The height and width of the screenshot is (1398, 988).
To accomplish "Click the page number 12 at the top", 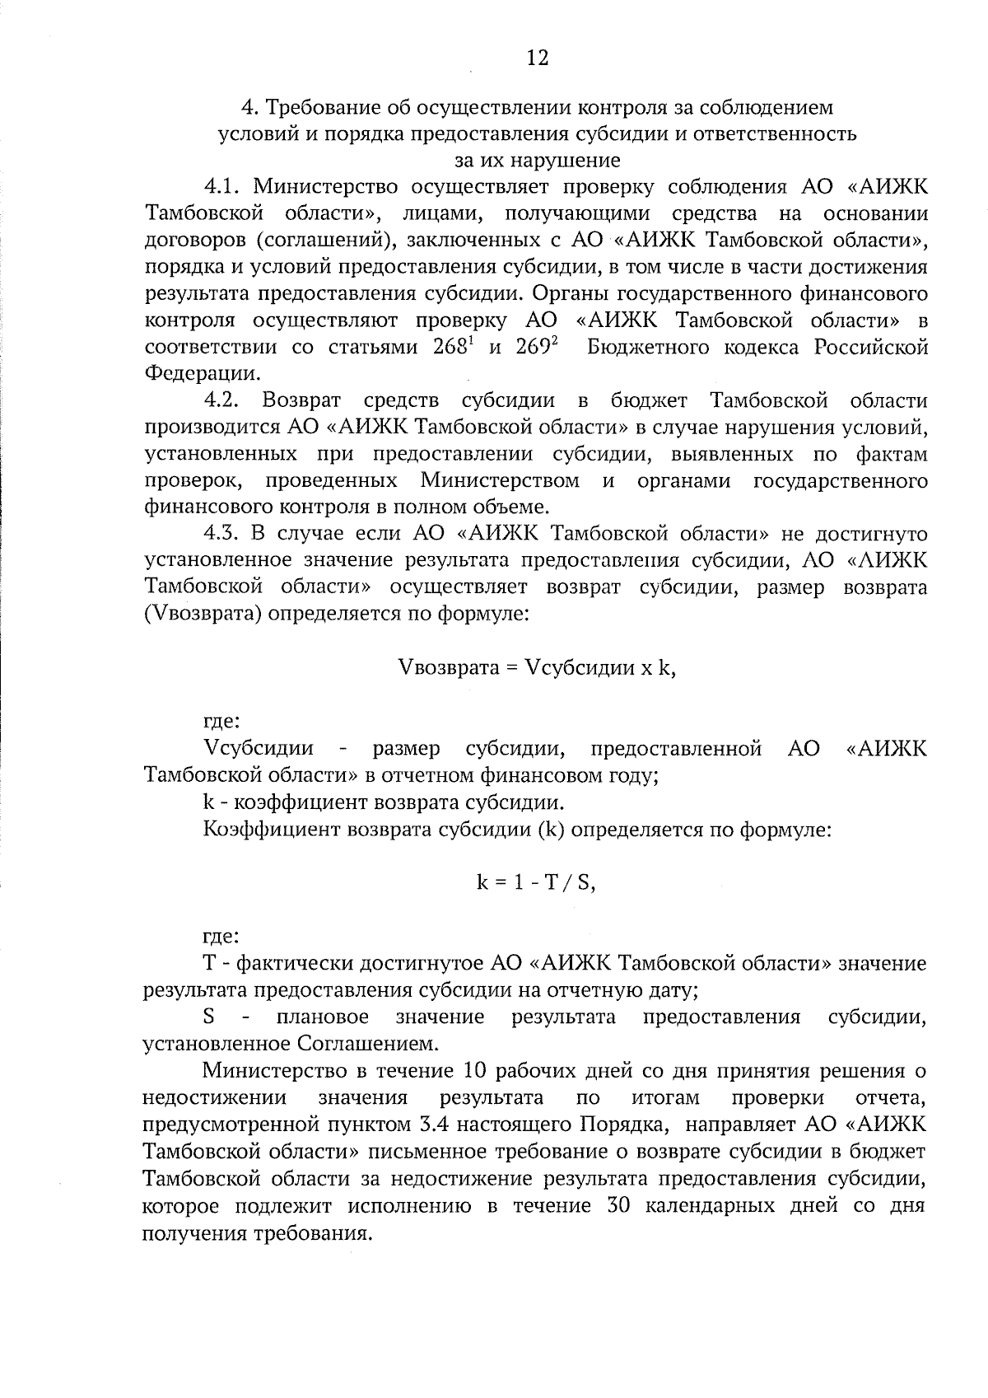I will [536, 57].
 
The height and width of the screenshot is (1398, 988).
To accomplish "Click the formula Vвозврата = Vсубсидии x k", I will [536, 667].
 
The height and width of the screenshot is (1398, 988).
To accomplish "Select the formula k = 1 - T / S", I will [536, 882].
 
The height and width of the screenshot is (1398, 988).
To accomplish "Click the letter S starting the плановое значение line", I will [209, 1017].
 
